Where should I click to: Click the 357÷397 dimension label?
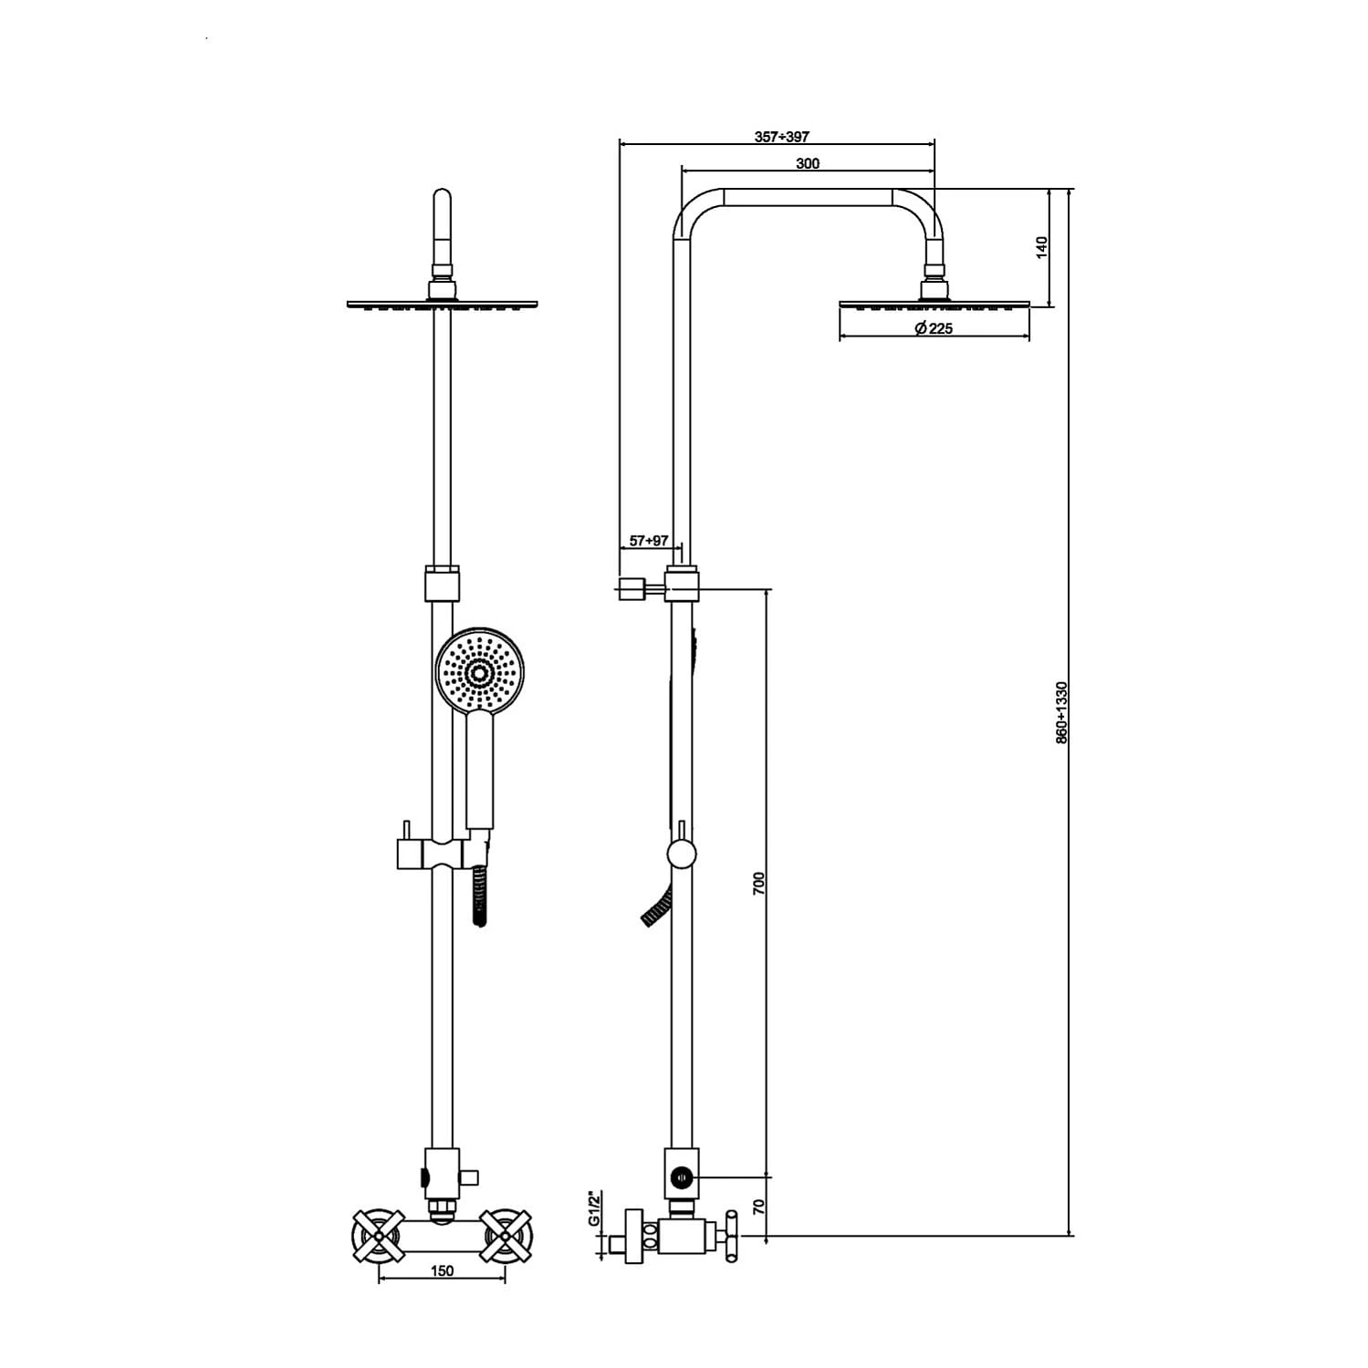tap(781, 137)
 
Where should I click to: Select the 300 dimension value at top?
tap(808, 164)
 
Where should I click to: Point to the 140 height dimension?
tap(1042, 247)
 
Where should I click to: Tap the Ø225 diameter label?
tap(934, 328)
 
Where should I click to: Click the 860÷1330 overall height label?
tap(1061, 712)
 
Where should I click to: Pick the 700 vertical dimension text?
tap(758, 884)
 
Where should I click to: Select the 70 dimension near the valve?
tap(758, 1207)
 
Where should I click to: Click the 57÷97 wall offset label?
tap(649, 541)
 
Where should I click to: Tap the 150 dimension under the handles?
tap(442, 1271)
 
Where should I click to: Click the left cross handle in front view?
tap(378, 1237)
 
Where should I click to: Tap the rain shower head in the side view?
tap(935, 305)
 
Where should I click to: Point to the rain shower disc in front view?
tap(443, 304)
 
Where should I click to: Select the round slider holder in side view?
tap(682, 855)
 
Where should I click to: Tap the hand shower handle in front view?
tap(480, 771)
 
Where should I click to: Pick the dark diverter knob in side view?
tap(681, 1179)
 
